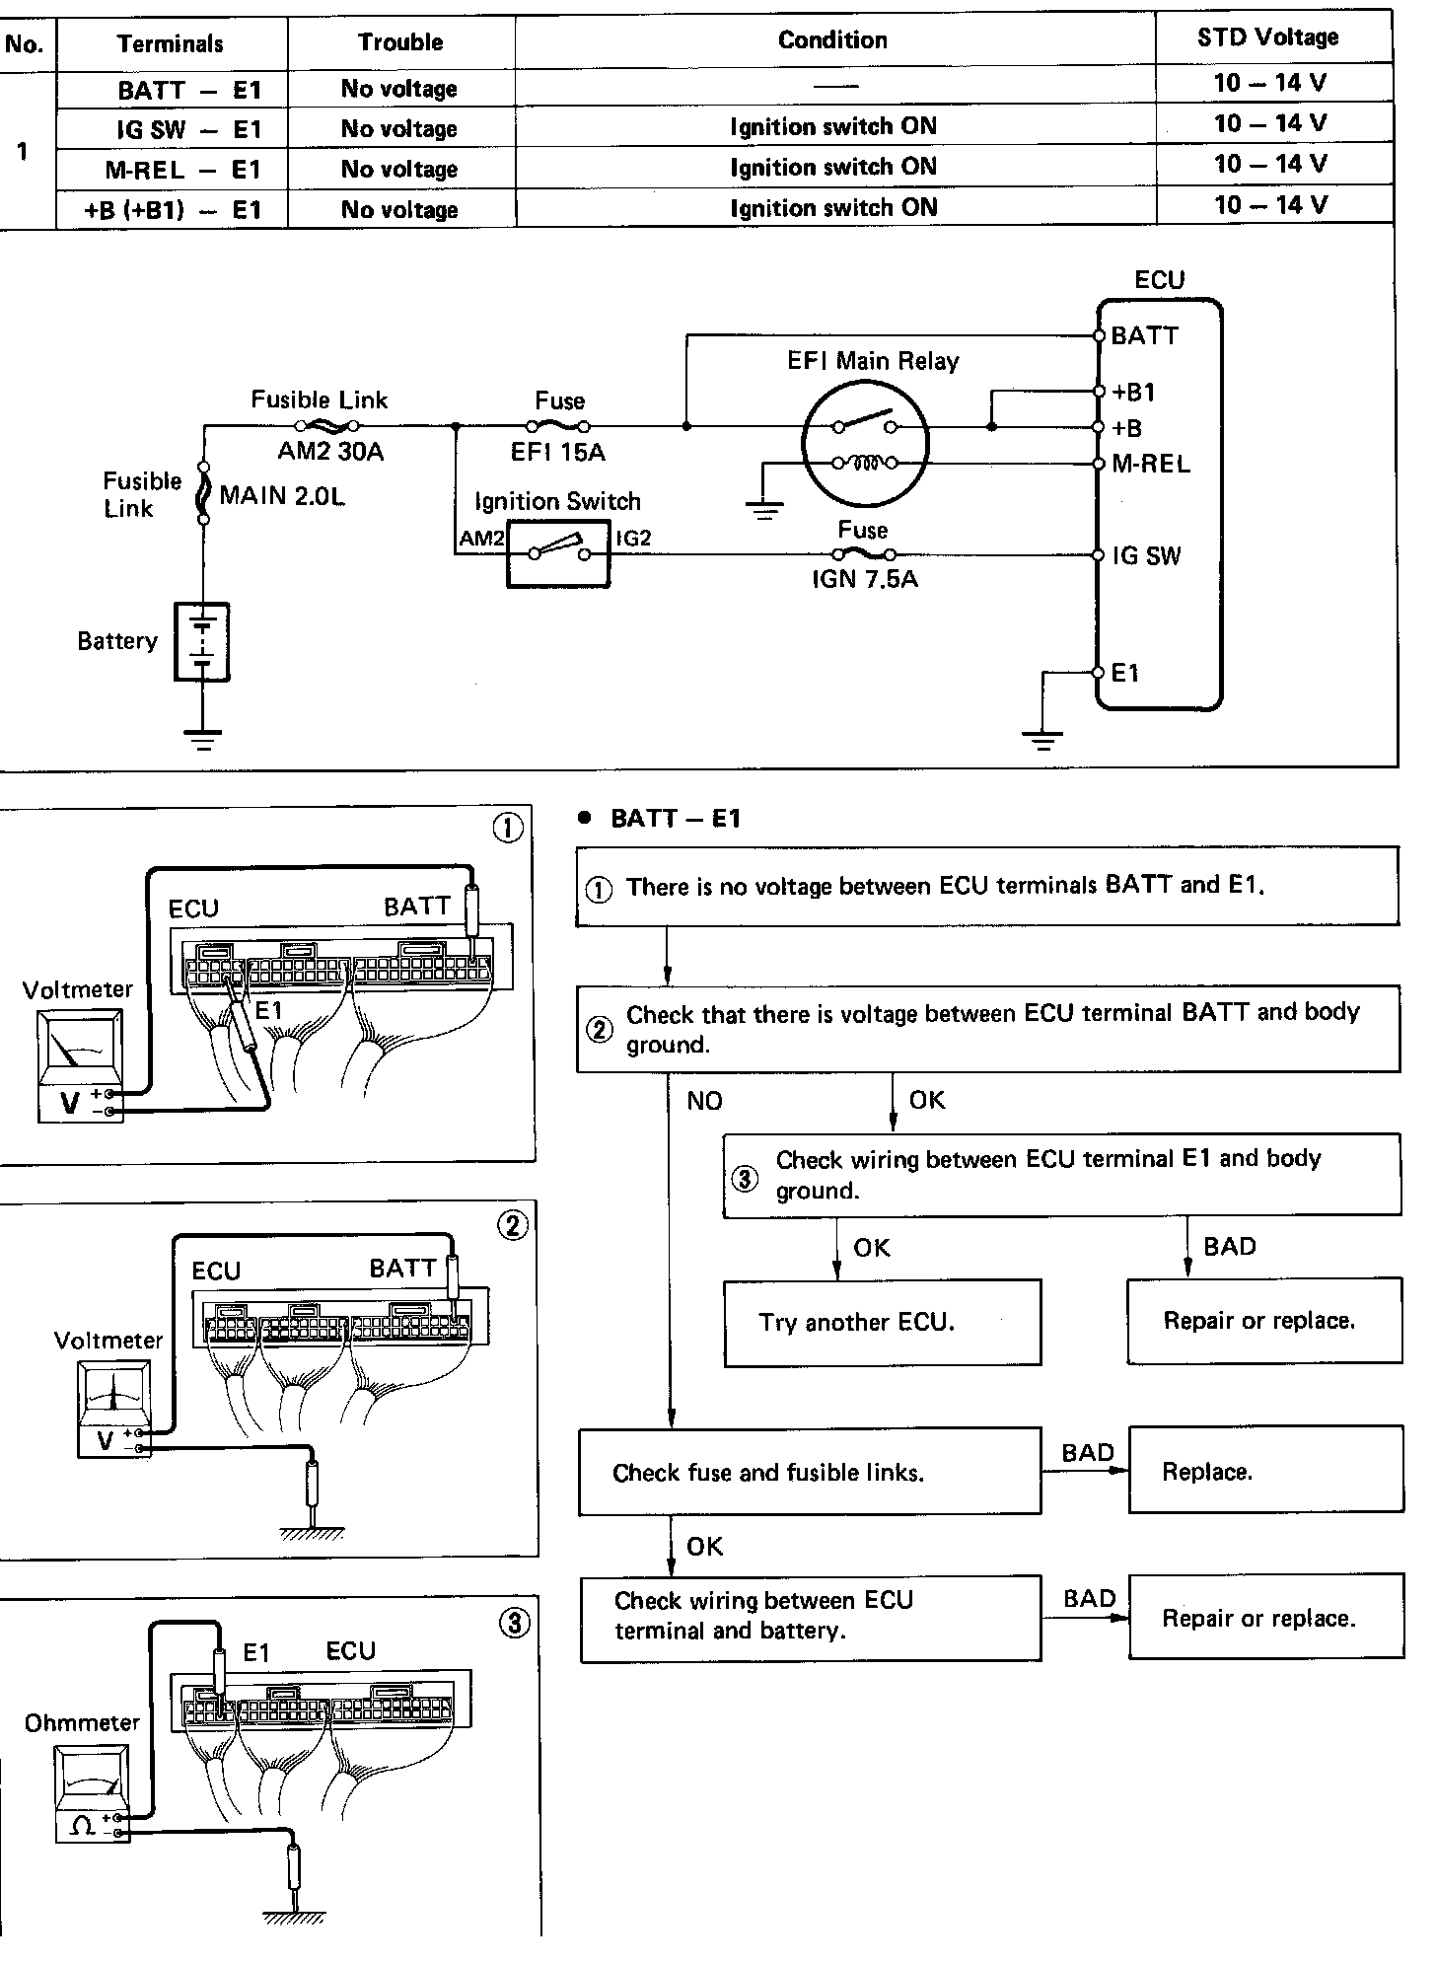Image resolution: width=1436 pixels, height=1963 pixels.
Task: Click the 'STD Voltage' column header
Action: click(x=1268, y=37)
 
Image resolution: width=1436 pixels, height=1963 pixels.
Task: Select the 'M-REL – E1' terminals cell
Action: click(x=183, y=170)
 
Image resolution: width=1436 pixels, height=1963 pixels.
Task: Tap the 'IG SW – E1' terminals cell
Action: click(x=186, y=129)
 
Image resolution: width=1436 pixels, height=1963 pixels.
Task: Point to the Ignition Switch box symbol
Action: click(x=558, y=553)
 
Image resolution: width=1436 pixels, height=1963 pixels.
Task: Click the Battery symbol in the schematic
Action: click(x=202, y=641)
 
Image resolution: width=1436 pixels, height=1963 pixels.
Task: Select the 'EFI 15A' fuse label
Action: click(x=558, y=453)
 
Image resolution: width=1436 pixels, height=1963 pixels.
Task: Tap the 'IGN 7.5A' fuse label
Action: click(x=865, y=579)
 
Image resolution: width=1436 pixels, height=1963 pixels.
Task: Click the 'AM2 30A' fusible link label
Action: click(x=330, y=452)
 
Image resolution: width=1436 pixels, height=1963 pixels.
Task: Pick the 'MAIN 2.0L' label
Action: click(x=282, y=495)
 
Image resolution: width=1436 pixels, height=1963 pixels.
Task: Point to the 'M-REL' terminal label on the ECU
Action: click(x=1151, y=464)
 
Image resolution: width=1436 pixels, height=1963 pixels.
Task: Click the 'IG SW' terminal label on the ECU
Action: click(x=1146, y=555)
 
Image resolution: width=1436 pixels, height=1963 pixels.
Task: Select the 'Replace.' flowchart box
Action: click(x=1265, y=1472)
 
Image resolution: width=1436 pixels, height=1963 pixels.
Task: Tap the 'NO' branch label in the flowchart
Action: click(x=704, y=1101)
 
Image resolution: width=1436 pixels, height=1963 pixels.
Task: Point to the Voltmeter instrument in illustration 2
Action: click(x=115, y=1410)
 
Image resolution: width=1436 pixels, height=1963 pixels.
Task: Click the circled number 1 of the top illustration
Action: click(x=507, y=828)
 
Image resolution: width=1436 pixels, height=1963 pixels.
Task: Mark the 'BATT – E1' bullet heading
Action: click(x=675, y=818)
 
